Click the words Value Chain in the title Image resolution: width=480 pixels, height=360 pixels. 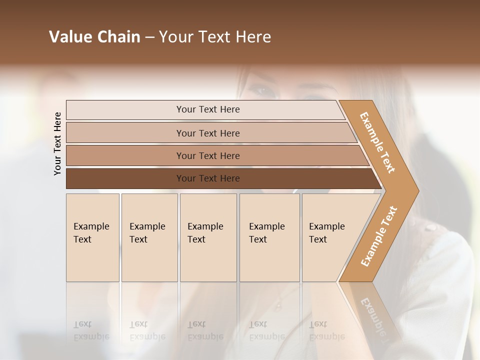pos(94,37)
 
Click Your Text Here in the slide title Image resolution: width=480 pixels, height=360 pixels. pos(215,37)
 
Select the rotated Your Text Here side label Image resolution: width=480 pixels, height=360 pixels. pos(57,143)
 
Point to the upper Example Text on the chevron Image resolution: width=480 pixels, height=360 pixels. pos(377,142)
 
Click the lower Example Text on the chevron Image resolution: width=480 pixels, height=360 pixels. pos(379,236)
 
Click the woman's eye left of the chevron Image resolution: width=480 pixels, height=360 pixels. pos(261,90)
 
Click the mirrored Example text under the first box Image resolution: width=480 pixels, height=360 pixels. pos(91,336)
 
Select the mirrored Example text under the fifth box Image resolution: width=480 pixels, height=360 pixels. pos(326,336)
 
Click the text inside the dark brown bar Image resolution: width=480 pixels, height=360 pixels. pos(208,178)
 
